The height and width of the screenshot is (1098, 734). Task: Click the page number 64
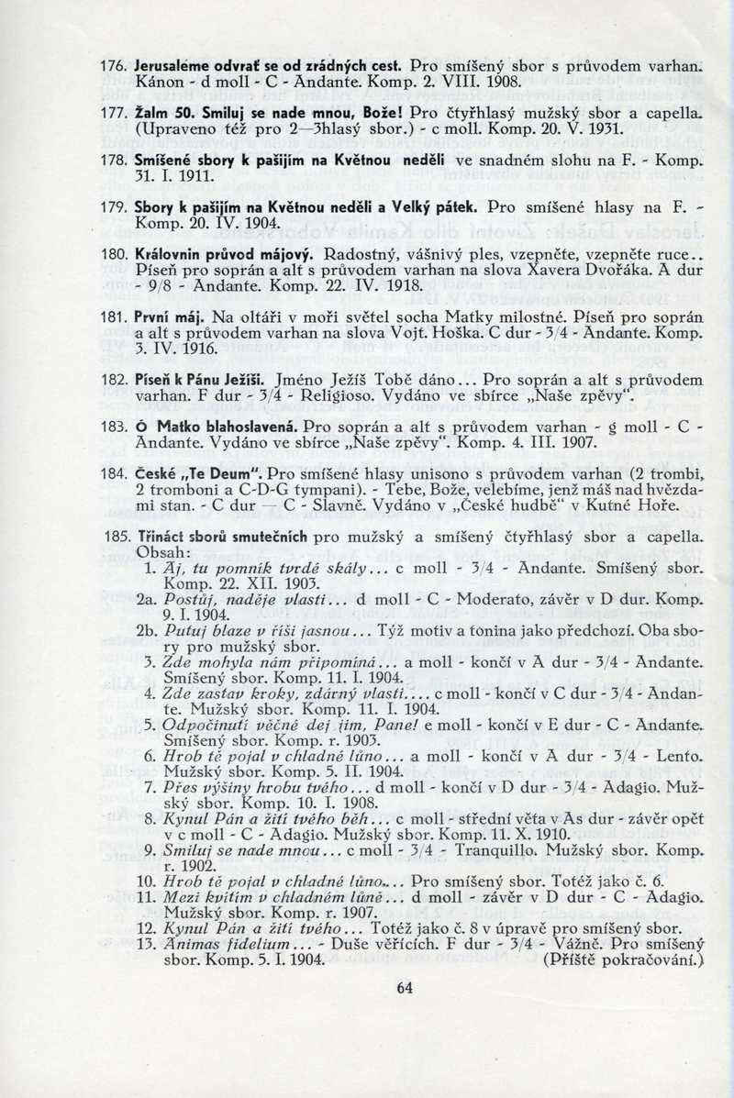(406, 988)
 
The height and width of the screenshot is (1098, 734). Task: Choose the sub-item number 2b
(149, 631)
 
